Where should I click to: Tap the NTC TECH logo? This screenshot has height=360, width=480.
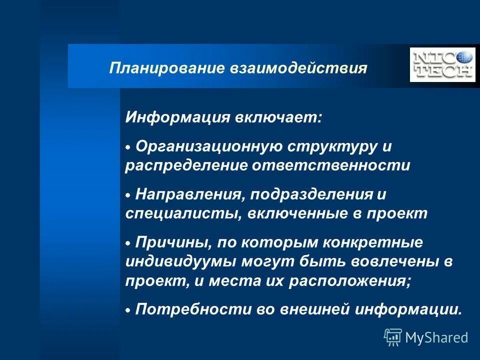pyautogui.click(x=442, y=64)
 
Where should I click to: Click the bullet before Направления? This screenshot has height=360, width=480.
pyautogui.click(x=128, y=194)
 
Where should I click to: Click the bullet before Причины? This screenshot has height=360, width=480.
pyautogui.click(x=128, y=243)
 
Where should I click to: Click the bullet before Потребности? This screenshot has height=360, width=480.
pyautogui.click(x=128, y=310)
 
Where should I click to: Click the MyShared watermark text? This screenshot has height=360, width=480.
pyautogui.click(x=436, y=337)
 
